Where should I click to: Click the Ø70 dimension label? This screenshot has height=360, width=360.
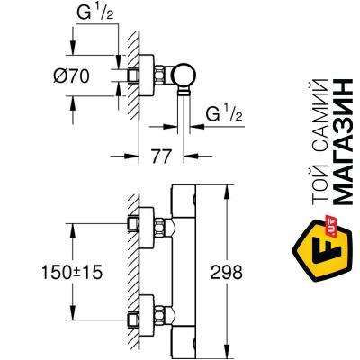pos(71,76)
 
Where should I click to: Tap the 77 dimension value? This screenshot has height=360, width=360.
pos(161,157)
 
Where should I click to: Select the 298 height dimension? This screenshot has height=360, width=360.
pos(226,273)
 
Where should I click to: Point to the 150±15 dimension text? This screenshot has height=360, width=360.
pos(72,273)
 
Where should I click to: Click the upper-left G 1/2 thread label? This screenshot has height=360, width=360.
pos(94,13)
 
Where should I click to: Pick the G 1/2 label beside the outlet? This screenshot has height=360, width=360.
pos(224,113)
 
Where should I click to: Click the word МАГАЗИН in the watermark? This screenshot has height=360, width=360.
pos(343,142)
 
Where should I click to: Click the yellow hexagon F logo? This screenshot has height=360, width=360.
pos(322,250)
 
